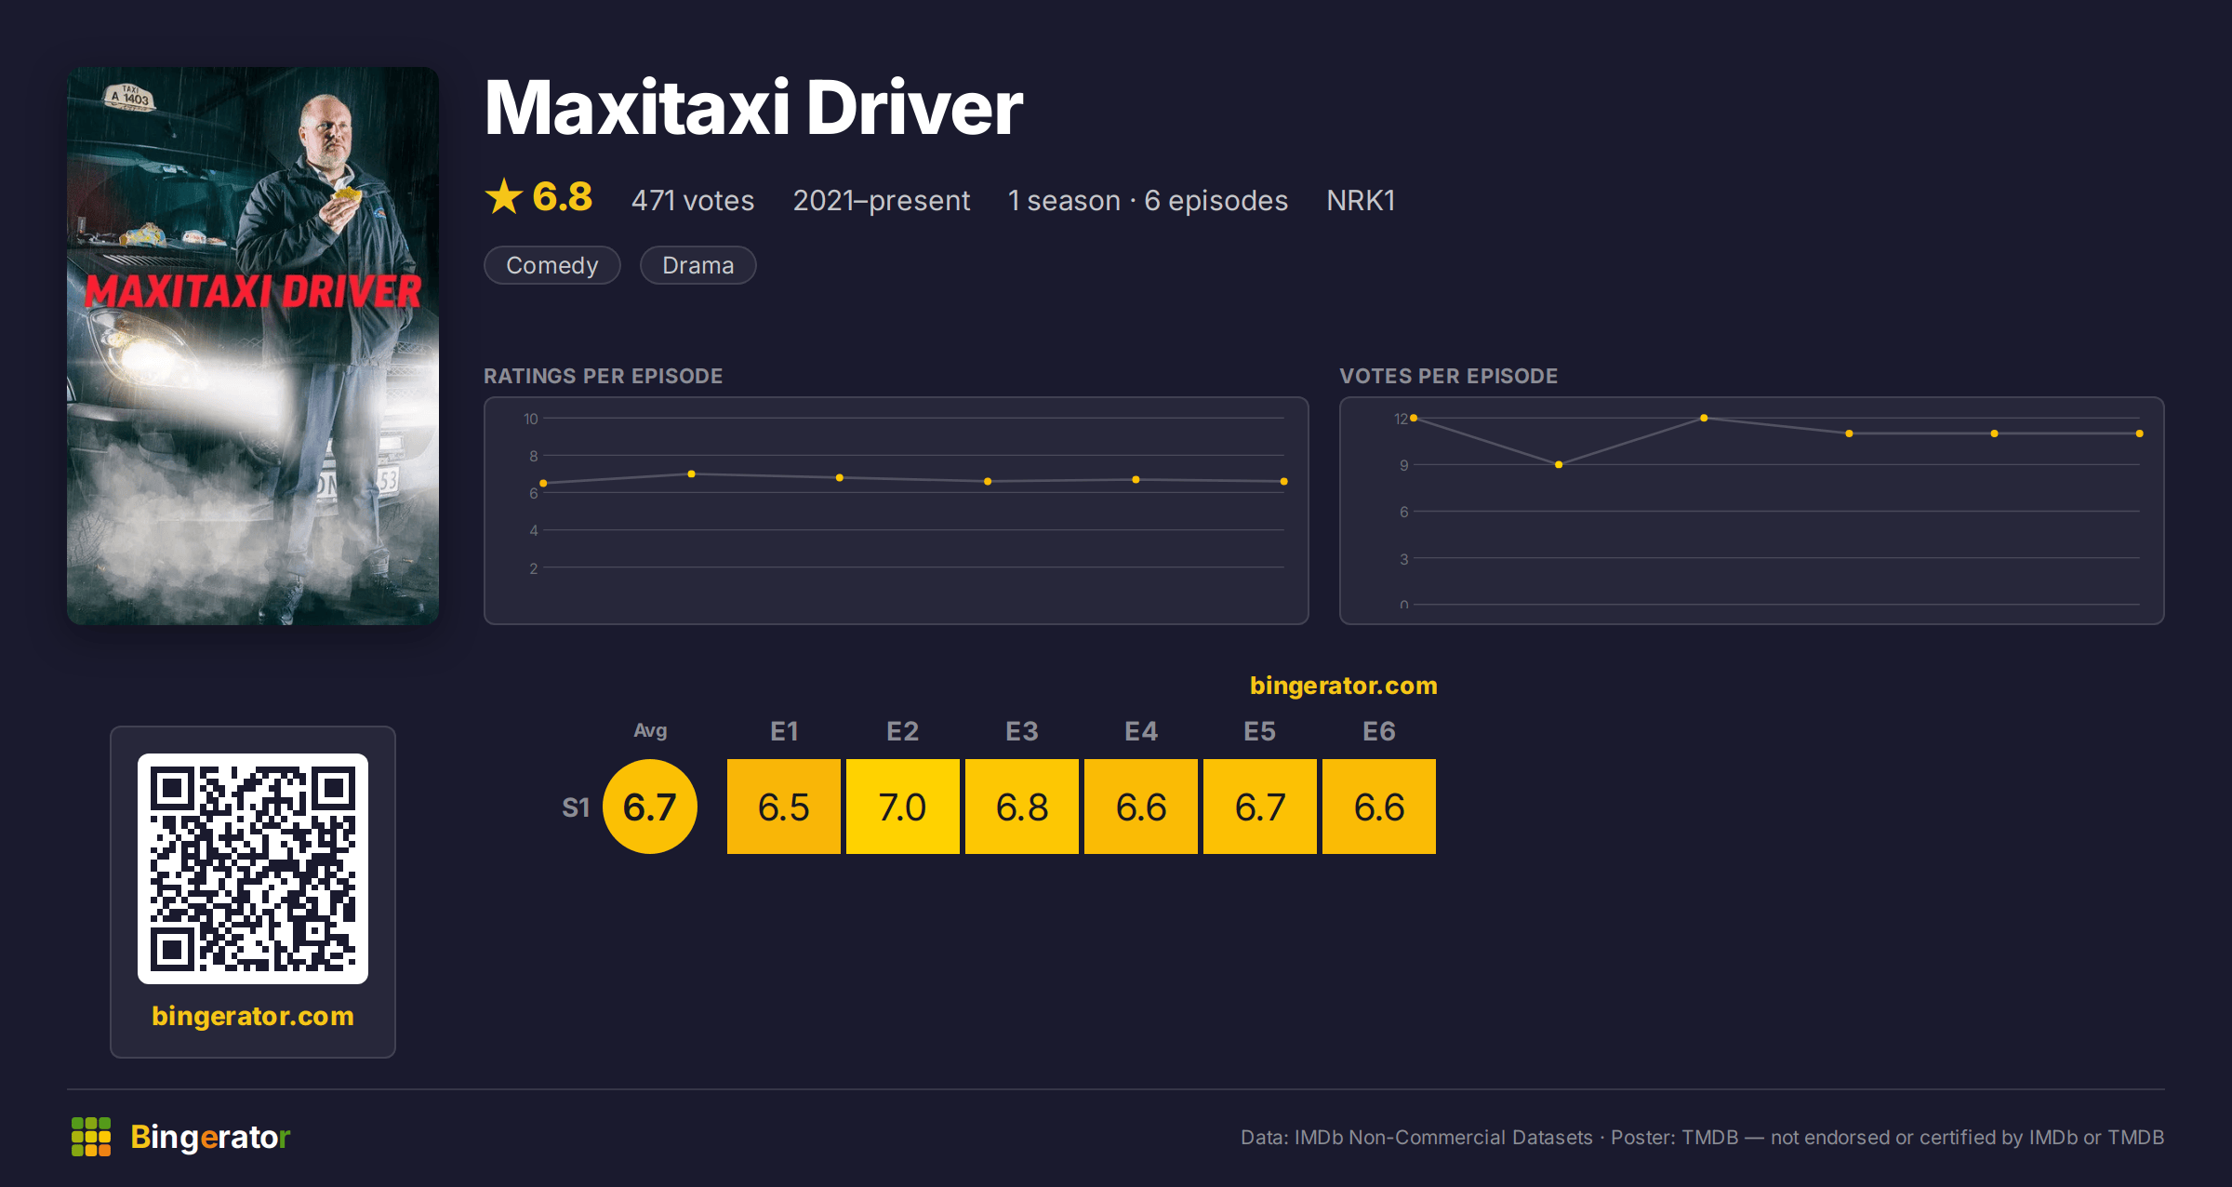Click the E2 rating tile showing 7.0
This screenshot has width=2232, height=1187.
point(902,807)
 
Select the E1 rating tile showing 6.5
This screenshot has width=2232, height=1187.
point(783,807)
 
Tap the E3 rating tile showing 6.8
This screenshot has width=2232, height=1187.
point(1021,807)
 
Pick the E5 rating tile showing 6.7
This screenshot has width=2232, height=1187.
point(1259,807)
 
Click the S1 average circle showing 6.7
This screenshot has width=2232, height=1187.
point(650,807)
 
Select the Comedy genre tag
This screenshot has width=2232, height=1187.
point(552,265)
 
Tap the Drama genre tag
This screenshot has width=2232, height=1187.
point(698,265)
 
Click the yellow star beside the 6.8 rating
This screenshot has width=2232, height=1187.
point(504,196)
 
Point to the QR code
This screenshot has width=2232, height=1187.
point(253,869)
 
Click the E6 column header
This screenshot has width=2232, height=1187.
point(1378,731)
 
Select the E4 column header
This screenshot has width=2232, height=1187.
point(1140,731)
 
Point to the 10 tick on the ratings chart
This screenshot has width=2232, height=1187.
point(531,419)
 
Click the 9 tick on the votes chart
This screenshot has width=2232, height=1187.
point(1404,465)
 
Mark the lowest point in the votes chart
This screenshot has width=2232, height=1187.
point(1559,464)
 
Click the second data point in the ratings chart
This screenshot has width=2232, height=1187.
point(691,474)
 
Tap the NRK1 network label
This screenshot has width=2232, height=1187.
point(1361,200)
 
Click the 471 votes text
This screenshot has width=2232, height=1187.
point(693,200)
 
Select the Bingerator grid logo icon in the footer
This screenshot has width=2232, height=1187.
point(91,1137)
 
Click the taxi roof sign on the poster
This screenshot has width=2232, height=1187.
point(129,97)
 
